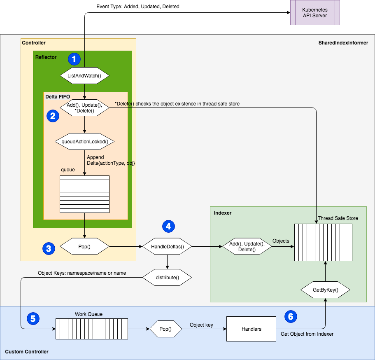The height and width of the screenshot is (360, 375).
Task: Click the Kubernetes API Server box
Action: [x=315, y=12]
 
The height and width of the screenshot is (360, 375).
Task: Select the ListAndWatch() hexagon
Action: [x=84, y=76]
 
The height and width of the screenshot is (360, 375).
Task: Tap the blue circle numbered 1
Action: [x=74, y=59]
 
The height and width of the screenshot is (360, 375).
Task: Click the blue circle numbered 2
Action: [x=53, y=116]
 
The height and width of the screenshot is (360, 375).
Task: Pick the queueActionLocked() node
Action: [x=84, y=142]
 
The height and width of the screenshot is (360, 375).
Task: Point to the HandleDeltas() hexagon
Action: [x=167, y=247]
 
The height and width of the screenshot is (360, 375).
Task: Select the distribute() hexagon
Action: [x=167, y=277]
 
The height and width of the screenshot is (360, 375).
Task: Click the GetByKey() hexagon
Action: [x=325, y=290]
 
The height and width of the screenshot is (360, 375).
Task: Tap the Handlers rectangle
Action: [x=251, y=329]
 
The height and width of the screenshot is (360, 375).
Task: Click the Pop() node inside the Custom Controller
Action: [x=165, y=329]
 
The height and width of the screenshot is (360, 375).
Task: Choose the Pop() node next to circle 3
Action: [x=84, y=247]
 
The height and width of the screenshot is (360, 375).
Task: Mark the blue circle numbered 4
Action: [x=168, y=226]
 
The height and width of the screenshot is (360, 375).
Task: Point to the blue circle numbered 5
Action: [x=33, y=318]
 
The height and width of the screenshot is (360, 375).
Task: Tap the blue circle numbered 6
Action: [x=291, y=316]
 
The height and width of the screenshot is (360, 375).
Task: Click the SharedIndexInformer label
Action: [x=343, y=43]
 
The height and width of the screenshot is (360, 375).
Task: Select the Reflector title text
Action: [x=46, y=57]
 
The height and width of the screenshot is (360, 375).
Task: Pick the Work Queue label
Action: [x=89, y=314]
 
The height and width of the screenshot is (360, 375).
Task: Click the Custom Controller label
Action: [x=27, y=351]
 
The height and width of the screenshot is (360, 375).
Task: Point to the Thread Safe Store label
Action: [x=338, y=218]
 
